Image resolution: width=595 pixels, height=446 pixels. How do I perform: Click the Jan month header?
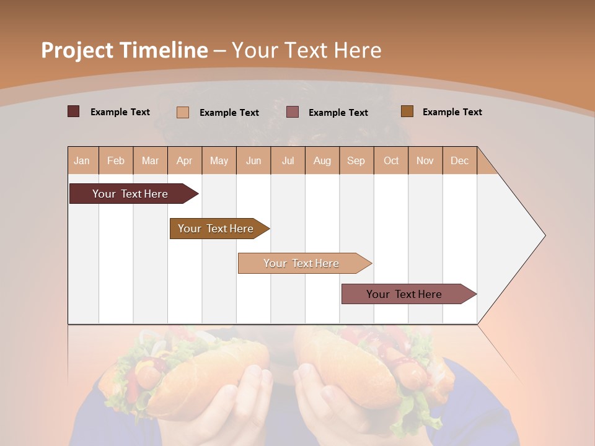[82, 160]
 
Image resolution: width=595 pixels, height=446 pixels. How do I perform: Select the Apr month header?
[184, 160]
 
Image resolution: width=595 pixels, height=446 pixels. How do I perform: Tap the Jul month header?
[288, 160]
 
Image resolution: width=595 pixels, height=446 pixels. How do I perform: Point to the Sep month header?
[356, 160]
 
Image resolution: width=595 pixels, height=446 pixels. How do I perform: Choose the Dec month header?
[459, 160]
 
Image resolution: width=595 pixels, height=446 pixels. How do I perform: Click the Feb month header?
[116, 160]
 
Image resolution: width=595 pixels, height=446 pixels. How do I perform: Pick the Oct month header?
[391, 160]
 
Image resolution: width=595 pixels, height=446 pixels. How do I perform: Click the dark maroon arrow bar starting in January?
[130, 194]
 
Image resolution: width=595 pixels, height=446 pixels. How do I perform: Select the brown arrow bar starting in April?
[216, 229]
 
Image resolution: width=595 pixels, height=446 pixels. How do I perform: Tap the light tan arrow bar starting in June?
[301, 263]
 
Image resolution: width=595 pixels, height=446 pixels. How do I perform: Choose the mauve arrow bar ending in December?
[404, 294]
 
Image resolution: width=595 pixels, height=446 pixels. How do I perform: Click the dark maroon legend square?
[74, 111]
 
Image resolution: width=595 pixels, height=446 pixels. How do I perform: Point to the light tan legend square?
[183, 112]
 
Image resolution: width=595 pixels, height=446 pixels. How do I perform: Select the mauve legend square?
[293, 112]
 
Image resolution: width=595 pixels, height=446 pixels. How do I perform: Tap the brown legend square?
[407, 111]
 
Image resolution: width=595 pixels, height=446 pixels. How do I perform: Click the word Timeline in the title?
[164, 50]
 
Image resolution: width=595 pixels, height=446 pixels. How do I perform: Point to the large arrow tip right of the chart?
[521, 235]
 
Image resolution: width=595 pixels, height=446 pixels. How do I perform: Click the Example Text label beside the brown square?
[452, 112]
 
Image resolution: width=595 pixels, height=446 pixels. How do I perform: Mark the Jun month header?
[253, 160]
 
